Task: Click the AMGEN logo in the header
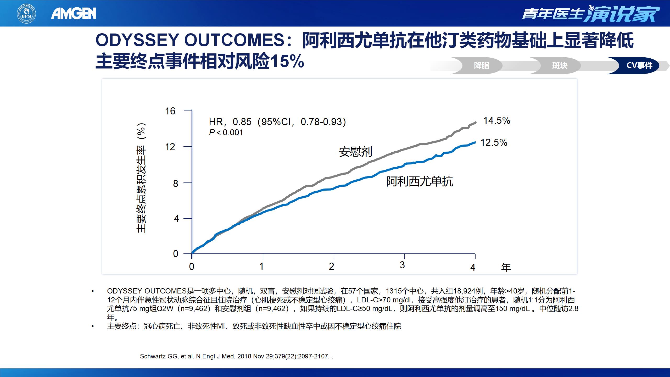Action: [74, 13]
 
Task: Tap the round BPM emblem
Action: [26, 13]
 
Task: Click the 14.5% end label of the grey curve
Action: [496, 121]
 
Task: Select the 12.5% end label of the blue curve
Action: [494, 143]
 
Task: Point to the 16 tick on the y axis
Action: [170, 111]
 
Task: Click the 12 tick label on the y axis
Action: [170, 147]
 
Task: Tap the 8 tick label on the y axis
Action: [176, 184]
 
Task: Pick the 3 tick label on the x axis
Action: [402, 265]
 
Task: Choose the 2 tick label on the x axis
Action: [331, 266]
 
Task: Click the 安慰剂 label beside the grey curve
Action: [355, 152]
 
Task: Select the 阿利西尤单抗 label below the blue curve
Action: [420, 181]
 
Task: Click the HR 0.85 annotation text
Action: [277, 122]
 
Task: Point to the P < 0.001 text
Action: [226, 133]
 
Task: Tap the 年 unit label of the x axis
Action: [506, 268]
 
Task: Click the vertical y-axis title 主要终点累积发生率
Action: [141, 178]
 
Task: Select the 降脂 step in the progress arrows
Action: [481, 65]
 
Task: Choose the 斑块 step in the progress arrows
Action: [560, 65]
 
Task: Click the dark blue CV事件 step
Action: [639, 65]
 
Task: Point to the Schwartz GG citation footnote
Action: [236, 356]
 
